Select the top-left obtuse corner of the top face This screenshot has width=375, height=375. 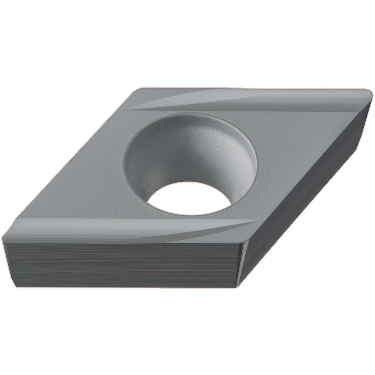(138, 90)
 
